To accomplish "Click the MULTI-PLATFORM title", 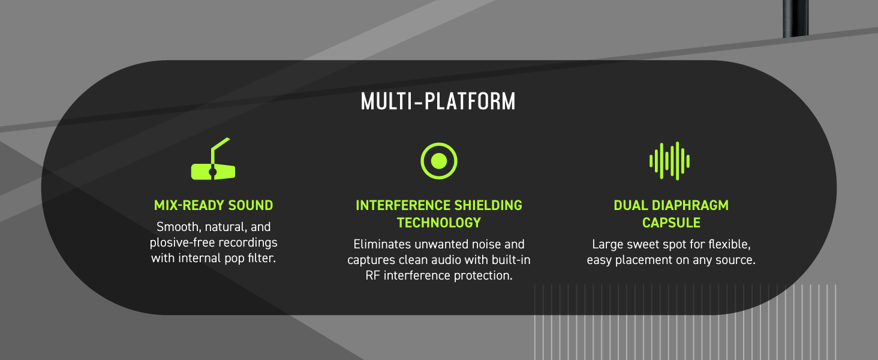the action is click(x=438, y=101).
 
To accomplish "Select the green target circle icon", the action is click(x=438, y=161).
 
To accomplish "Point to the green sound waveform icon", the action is click(x=669, y=161).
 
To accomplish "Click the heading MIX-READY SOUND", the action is click(x=214, y=205).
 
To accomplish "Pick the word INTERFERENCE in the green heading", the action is click(x=402, y=205).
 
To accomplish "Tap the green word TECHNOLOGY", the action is click(x=438, y=223).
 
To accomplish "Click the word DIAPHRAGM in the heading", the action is click(x=690, y=205).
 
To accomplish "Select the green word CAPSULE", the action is click(x=671, y=223).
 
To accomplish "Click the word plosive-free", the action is click(x=182, y=243).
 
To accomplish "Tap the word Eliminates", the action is click(x=382, y=244).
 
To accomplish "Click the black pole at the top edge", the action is click(x=796, y=19).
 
